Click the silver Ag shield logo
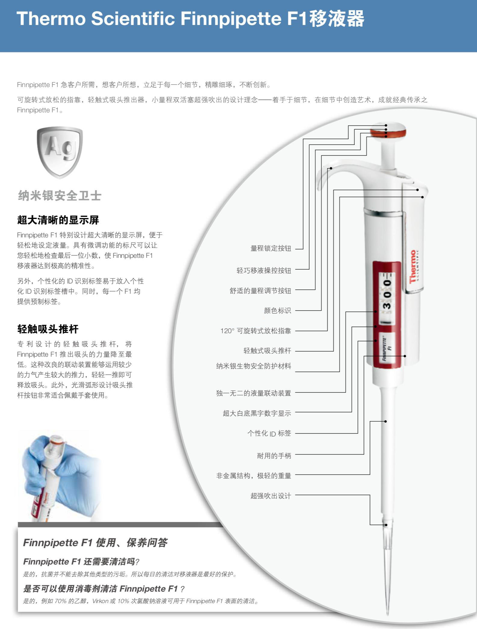[x=60, y=152]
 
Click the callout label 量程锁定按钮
[x=271, y=249]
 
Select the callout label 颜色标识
[x=277, y=311]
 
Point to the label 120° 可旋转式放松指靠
[x=256, y=331]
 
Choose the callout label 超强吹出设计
[x=271, y=496]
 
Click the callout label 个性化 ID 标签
[x=269, y=433]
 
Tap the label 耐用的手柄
[x=274, y=456]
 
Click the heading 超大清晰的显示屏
[x=58, y=220]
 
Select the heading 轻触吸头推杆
[x=48, y=329]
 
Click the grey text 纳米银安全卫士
[x=60, y=196]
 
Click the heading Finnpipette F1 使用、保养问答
[x=95, y=543]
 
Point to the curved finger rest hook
[x=325, y=175]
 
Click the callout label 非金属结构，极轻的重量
[x=254, y=476]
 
